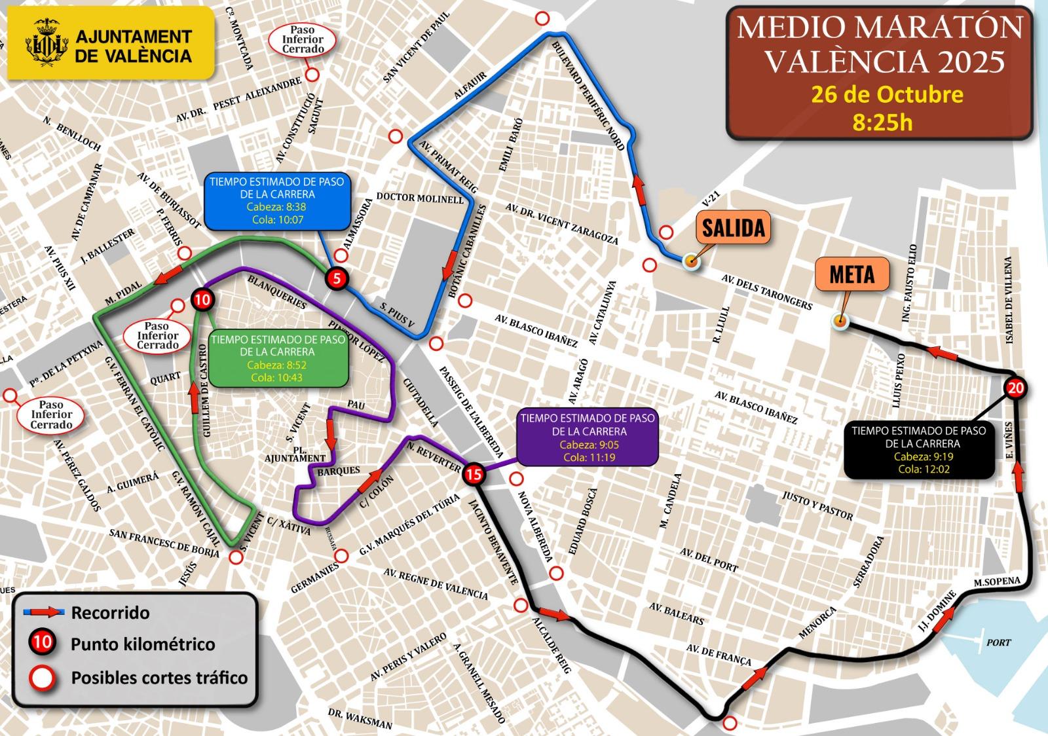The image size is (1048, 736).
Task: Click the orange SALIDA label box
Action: (733, 227)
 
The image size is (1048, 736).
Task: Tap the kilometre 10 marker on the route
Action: (202, 301)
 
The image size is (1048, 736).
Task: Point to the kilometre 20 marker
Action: (1015, 388)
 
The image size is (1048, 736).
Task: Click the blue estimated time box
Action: (277, 200)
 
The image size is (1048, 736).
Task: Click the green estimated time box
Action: (278, 358)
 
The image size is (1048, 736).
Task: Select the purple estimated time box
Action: (588, 437)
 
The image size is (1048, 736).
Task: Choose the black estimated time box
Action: (918, 450)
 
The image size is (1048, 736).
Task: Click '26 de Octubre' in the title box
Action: (887, 94)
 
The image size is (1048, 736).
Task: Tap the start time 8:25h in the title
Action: (882, 122)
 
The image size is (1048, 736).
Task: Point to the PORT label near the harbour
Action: (998, 642)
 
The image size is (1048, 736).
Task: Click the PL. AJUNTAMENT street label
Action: (295, 454)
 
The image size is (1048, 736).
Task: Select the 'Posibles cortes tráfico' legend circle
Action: (43, 678)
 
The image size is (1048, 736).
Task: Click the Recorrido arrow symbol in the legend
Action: (44, 613)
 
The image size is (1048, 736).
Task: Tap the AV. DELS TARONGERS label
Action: (766, 291)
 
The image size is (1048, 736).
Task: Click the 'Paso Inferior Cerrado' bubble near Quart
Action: (157, 335)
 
